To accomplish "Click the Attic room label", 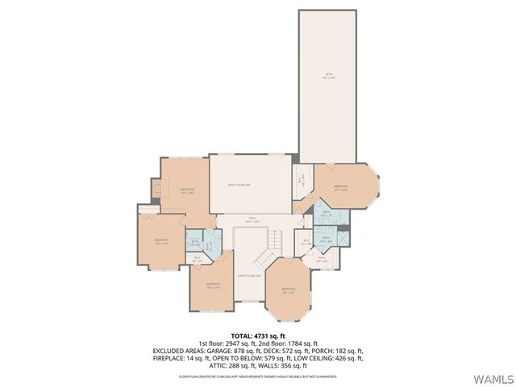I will click(328, 75).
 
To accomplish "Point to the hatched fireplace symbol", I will click(156, 189).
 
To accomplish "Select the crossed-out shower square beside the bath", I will click(342, 238).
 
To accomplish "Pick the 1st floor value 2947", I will click(235, 343).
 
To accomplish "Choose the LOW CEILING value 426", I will click(341, 359).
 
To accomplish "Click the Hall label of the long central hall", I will click(252, 218).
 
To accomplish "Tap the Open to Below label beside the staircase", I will click(249, 276).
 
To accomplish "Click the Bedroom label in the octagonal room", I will click(289, 291).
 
